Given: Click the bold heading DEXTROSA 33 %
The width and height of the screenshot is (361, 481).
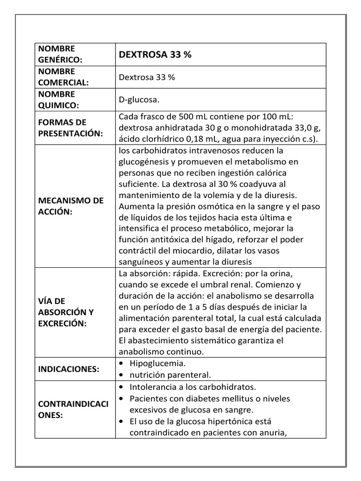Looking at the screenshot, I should [x=155, y=54].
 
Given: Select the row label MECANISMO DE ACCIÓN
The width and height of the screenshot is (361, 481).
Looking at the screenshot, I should [x=71, y=206].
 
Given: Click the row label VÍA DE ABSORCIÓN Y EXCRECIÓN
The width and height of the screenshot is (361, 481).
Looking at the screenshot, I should [x=66, y=312].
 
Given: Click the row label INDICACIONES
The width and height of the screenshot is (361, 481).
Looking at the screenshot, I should [x=69, y=369].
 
